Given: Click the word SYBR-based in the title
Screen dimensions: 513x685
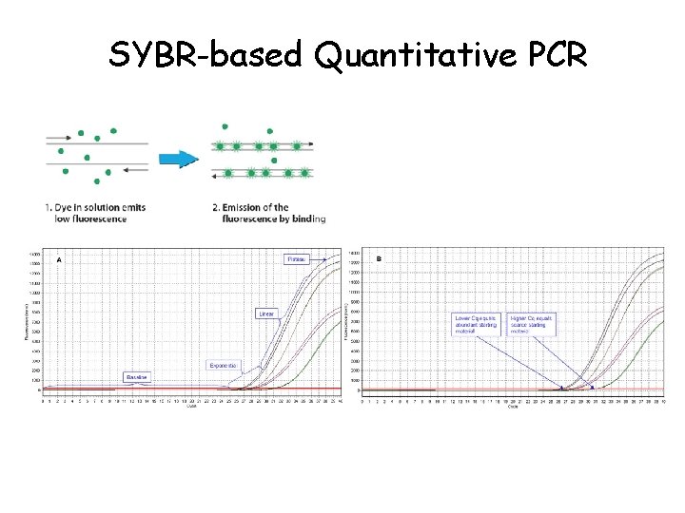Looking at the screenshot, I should tap(205, 55).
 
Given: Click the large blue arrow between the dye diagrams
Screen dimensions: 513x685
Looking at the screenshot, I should tap(179, 159).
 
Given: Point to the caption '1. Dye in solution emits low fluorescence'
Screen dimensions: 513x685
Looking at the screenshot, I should tap(94, 213).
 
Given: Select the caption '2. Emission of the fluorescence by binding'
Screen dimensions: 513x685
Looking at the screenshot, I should tap(269, 213).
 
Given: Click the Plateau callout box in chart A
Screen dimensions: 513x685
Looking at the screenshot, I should tap(298, 258).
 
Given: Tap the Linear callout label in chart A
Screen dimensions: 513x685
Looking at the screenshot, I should tap(266, 313).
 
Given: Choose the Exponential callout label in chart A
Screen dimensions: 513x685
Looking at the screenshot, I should tap(223, 365).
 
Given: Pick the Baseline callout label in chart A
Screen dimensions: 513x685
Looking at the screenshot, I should tap(137, 377).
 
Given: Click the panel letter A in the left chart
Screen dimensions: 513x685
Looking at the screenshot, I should tap(59, 258).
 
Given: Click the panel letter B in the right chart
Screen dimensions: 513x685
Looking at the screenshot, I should tap(379, 258).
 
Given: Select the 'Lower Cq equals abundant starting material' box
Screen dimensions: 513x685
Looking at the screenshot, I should tap(478, 325).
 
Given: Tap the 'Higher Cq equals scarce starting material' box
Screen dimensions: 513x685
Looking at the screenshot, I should tap(532, 325).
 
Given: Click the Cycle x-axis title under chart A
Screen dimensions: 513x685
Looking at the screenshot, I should tap(191, 406).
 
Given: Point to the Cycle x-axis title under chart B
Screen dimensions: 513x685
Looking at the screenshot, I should tap(513, 407).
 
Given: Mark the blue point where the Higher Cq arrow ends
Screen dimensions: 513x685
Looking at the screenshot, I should tap(593, 388).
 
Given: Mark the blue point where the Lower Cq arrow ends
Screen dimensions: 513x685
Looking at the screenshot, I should tap(562, 388).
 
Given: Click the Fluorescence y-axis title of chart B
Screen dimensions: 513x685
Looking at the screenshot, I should tap(345, 321).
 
